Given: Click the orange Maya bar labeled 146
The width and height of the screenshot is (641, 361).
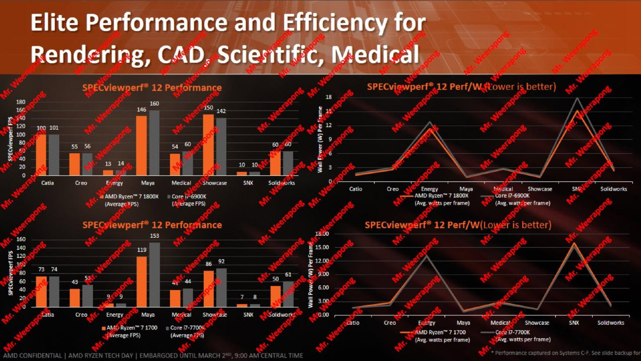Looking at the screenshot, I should click(141, 145).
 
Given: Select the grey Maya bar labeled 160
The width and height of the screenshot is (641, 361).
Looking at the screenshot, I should click(153, 142).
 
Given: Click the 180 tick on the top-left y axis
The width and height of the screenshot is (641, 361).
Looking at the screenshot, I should click(21, 102).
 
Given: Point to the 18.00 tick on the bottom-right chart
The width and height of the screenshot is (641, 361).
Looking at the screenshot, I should click(322, 234).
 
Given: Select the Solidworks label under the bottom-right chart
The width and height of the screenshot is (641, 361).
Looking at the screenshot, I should click(611, 323).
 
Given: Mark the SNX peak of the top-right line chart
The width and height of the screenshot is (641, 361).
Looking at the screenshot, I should click(576, 99).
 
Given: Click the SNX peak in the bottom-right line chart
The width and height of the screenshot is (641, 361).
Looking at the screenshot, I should click(574, 243).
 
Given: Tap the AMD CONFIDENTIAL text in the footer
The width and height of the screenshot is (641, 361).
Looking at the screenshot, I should click(32, 355).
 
